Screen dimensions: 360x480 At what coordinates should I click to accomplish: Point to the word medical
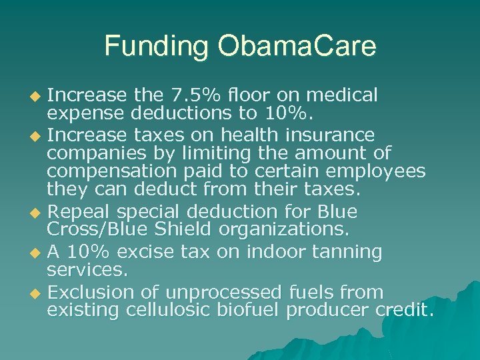tap(345, 95)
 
